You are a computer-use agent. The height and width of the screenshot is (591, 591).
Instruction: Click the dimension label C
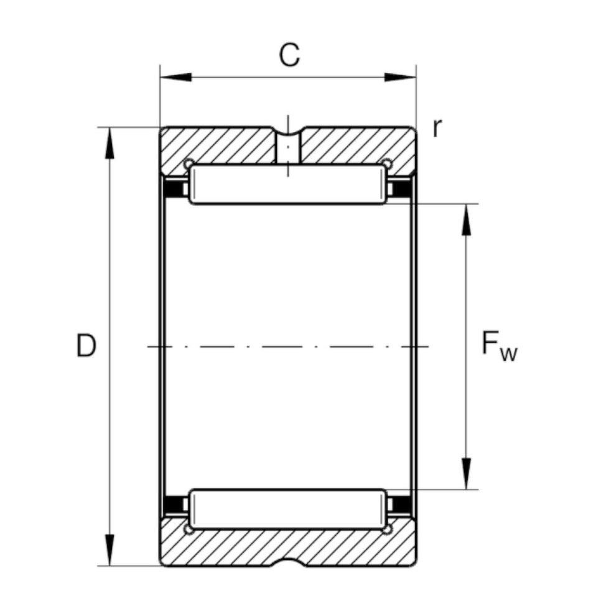289,55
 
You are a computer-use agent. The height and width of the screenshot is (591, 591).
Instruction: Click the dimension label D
86,347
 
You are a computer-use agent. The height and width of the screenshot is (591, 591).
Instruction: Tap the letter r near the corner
437,128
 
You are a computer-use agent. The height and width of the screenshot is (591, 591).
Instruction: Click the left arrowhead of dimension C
175,78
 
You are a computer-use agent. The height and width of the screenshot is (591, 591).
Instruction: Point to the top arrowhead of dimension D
110,143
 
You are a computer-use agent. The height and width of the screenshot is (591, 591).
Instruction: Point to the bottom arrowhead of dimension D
110,550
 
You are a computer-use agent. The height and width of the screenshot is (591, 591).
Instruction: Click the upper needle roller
287,185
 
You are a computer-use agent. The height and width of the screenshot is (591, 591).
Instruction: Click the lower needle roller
287,510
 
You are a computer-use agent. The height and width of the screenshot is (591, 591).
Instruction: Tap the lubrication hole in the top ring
288,148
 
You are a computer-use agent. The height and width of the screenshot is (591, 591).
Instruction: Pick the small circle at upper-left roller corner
187,164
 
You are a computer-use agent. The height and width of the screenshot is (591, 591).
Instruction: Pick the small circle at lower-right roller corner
387,529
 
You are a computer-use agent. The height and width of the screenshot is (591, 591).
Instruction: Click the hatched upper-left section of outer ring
218,146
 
